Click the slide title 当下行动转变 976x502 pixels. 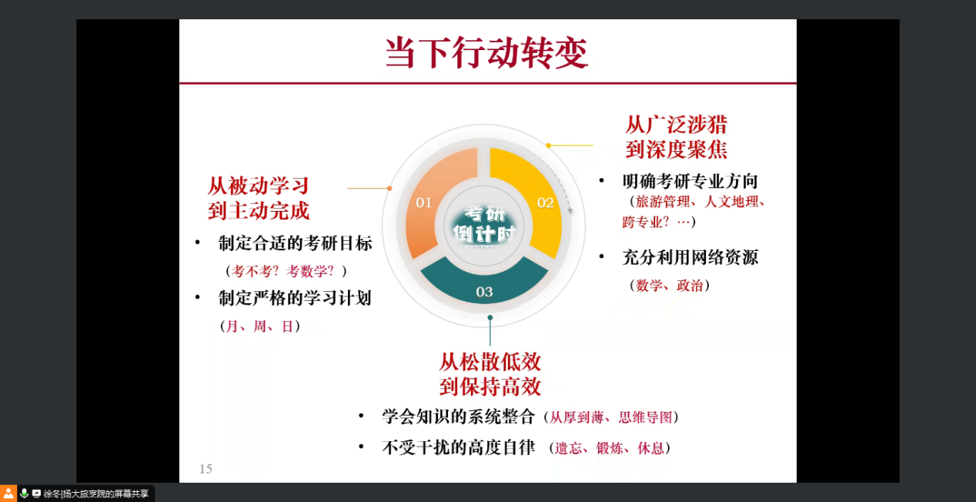(x=486, y=52)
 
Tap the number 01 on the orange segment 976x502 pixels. (x=424, y=202)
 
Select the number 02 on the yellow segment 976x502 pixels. (x=545, y=202)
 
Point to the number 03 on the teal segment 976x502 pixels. (x=484, y=292)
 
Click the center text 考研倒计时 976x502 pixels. (x=484, y=224)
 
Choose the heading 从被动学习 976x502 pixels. (x=259, y=186)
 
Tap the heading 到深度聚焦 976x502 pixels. (x=677, y=149)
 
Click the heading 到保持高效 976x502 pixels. (x=490, y=387)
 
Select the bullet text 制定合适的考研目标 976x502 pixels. (x=296, y=243)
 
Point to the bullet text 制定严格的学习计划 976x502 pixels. (x=295, y=298)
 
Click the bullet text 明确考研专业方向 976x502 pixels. (x=690, y=181)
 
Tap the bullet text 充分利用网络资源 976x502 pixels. (x=690, y=257)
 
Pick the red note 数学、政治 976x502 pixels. (x=670, y=286)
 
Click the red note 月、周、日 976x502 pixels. (x=259, y=326)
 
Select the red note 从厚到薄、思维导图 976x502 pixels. (x=611, y=417)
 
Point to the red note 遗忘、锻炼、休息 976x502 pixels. (x=609, y=448)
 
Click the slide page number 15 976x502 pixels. (x=206, y=469)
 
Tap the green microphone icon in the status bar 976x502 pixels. (x=25, y=494)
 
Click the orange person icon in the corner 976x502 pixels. (x=8, y=494)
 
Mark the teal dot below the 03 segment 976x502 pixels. (x=490, y=318)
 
